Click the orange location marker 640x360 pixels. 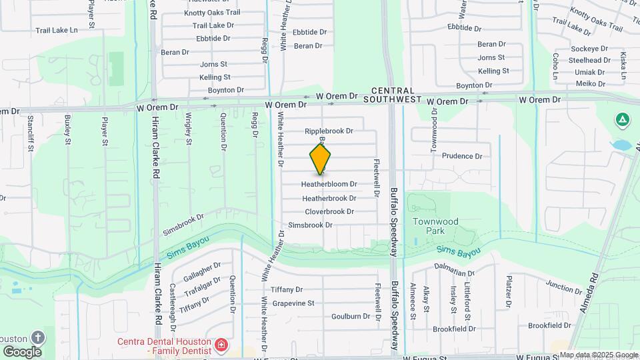pos(320,159)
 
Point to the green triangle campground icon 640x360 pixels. pos(622,120)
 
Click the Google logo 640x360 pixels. pos(22,351)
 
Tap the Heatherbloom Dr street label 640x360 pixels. pos(329,184)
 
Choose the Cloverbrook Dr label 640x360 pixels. pos(329,212)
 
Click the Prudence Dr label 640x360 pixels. pos(460,156)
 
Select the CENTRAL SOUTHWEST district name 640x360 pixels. pos(393,95)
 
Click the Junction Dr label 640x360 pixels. pos(564,287)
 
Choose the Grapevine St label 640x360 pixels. pos(293,303)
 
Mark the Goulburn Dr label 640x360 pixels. pos(351,317)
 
